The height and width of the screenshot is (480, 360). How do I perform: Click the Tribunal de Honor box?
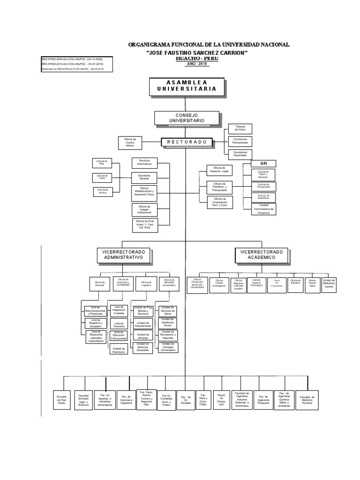click(240, 129)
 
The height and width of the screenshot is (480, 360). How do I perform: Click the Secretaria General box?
click(144, 177)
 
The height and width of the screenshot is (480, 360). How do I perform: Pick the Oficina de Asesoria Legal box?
click(219, 169)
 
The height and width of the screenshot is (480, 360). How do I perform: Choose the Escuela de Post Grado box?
click(62, 399)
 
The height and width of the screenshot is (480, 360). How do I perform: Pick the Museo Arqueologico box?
click(313, 284)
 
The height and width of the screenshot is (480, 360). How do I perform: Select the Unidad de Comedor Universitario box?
click(168, 347)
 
